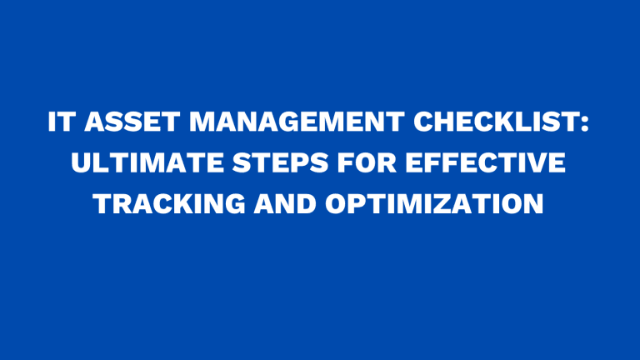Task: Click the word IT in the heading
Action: click(x=61, y=124)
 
